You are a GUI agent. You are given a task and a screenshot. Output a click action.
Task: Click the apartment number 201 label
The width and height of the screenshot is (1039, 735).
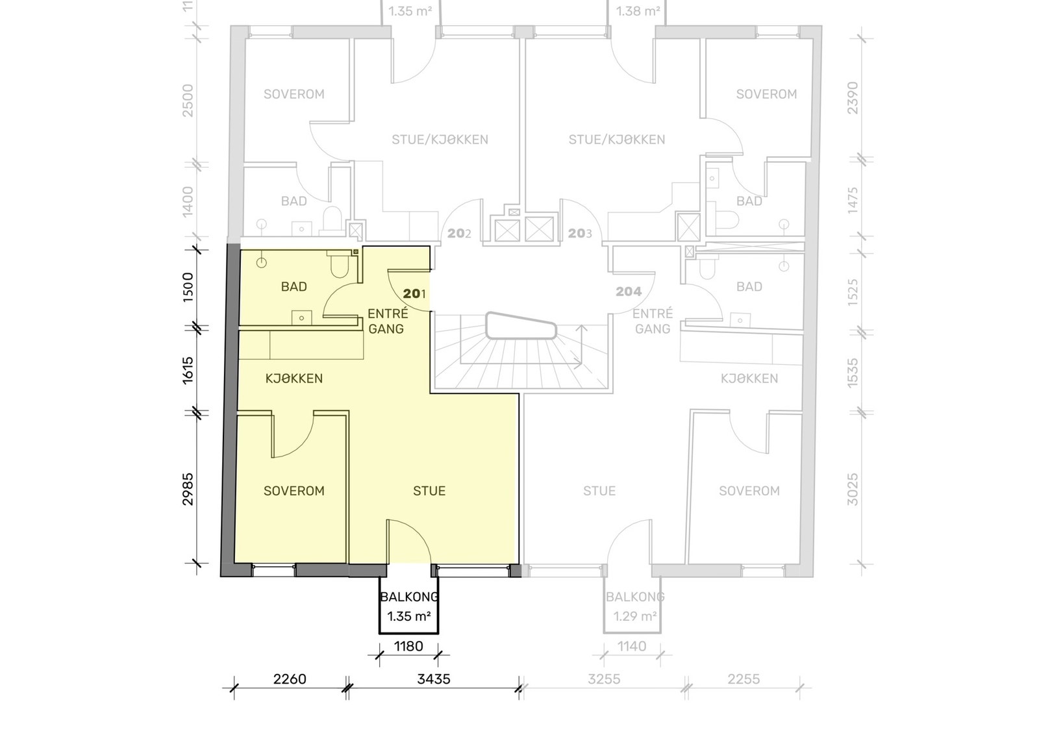[x=414, y=293]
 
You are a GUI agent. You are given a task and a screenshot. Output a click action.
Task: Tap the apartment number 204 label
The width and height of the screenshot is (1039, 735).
[x=629, y=292]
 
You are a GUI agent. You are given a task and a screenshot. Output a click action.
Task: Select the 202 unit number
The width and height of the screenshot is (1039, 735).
[x=459, y=233]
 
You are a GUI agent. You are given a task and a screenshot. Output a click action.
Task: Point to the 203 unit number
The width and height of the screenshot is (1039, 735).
[x=580, y=233]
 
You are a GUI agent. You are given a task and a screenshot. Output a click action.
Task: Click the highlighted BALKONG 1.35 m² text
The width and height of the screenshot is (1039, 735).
[x=409, y=606]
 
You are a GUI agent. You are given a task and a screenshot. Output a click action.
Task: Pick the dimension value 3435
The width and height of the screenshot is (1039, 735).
[x=434, y=679]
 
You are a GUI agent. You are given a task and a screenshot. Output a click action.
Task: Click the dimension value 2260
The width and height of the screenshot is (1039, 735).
[x=290, y=679]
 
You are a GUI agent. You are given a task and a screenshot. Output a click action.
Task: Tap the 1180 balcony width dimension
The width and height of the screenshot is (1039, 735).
[x=408, y=647]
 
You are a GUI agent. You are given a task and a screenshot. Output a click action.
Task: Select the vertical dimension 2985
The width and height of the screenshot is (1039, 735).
[x=188, y=489]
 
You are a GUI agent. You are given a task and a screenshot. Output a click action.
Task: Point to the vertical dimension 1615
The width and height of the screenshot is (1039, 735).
[x=188, y=371]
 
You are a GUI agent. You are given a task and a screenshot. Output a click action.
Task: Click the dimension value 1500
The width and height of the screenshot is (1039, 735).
[x=188, y=288]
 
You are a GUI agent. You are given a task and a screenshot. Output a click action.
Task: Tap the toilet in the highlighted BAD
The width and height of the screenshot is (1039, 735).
[x=340, y=264]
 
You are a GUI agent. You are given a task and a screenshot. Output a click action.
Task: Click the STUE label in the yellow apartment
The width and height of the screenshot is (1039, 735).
[x=429, y=491]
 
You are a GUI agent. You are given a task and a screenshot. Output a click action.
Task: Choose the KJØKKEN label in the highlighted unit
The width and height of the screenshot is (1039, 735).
[x=294, y=379]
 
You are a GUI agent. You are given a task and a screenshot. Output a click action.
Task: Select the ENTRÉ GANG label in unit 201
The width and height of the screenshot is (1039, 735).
[x=387, y=321]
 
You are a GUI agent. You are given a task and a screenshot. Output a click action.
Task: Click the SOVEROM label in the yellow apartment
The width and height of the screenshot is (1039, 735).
[x=294, y=491]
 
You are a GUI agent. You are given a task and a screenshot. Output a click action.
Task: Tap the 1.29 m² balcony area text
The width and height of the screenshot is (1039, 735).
[x=635, y=617]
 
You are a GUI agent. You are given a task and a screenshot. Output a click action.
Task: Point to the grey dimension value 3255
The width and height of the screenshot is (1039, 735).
[x=604, y=679]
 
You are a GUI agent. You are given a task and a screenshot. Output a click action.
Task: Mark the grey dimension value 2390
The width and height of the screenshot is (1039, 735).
[x=853, y=98]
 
